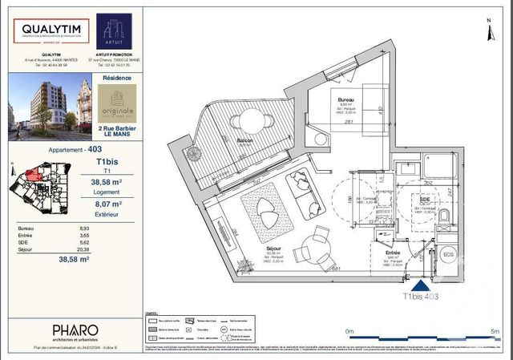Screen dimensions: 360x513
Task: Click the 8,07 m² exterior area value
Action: (98, 204)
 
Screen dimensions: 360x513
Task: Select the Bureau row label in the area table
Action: (26, 229)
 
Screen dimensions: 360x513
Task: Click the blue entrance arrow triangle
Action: (420, 283)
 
